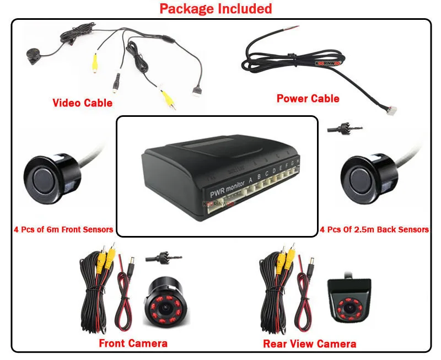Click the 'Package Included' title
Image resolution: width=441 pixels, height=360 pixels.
(x=216, y=9)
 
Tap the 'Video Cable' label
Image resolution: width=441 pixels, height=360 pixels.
(x=82, y=103)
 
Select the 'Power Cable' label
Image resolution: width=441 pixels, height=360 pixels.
(x=308, y=99)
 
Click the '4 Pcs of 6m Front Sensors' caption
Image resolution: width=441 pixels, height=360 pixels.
(x=63, y=229)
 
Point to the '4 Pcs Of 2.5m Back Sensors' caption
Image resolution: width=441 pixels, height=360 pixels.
(x=374, y=229)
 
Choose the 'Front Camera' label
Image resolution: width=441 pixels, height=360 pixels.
(x=133, y=343)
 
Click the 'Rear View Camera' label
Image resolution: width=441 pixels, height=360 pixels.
(x=309, y=344)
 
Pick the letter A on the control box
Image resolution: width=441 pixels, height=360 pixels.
(x=251, y=179)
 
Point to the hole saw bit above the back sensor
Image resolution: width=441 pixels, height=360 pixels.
(x=341, y=128)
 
